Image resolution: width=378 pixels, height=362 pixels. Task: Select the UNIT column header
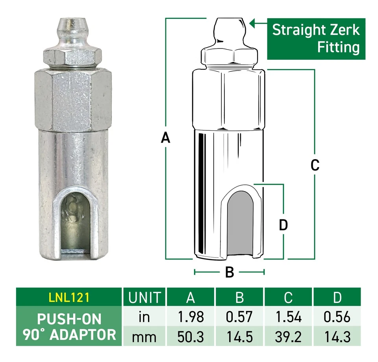pos(145,297)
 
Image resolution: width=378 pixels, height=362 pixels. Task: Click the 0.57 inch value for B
pos(239,317)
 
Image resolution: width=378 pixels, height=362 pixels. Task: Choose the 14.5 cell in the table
pos(239,337)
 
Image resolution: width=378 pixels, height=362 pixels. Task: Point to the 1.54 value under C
pos(288,317)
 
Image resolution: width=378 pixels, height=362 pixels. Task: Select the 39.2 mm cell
pos(288,337)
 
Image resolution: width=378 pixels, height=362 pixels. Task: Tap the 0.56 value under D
pos(337,317)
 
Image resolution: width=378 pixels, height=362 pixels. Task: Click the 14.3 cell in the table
pos(337,337)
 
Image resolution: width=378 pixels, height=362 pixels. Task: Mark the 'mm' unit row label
pos(145,337)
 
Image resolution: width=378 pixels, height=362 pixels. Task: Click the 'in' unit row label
pos(145,317)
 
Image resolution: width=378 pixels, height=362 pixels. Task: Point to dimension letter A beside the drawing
pos(166,138)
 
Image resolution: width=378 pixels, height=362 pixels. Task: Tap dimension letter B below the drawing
pos(230,272)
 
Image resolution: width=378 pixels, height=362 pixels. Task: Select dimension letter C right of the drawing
pos(315,165)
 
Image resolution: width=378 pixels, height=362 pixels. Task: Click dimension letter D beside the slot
pos(283,225)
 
